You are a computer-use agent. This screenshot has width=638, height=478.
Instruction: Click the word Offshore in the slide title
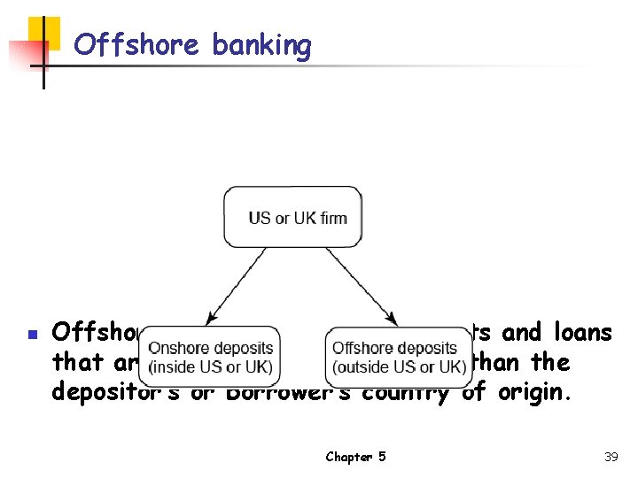click(x=138, y=44)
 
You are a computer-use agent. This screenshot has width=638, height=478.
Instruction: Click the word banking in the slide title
click(x=261, y=44)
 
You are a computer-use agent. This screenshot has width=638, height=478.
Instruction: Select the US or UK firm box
click(x=292, y=217)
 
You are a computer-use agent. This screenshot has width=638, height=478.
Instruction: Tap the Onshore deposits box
click(x=211, y=357)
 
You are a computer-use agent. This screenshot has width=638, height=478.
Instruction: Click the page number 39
click(x=611, y=457)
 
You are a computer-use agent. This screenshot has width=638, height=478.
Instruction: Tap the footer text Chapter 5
click(x=355, y=457)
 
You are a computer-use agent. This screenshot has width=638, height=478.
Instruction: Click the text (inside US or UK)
click(x=211, y=366)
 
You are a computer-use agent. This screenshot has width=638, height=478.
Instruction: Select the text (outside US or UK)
click(x=399, y=366)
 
